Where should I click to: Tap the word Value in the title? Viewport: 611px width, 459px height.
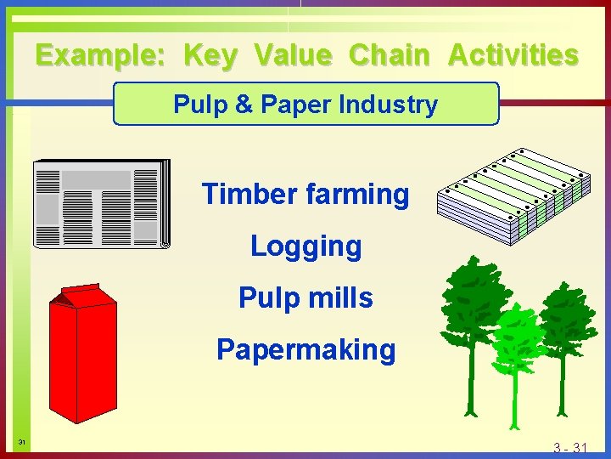293,56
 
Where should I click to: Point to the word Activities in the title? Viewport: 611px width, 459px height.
513,56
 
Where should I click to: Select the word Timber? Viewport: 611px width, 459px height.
246,195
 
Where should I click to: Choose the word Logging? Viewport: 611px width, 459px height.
305,246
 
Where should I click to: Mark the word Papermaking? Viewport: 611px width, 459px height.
305,350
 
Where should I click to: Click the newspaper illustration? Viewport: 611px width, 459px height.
102,204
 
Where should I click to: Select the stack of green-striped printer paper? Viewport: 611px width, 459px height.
513,197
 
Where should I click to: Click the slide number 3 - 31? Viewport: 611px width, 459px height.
570,448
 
